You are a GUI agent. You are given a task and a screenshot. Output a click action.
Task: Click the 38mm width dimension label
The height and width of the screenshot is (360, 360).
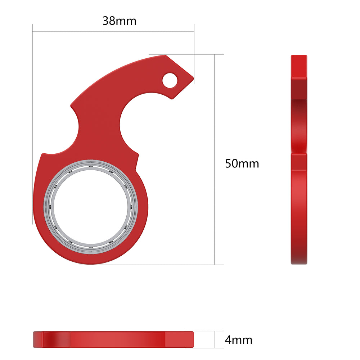click(x=120, y=21)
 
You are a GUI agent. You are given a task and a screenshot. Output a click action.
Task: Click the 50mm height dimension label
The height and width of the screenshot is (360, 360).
click(x=242, y=164)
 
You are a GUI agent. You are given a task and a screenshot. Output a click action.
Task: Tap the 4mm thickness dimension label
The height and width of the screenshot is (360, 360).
click(x=238, y=339)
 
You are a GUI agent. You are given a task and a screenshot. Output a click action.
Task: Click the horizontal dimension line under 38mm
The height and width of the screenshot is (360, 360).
click(x=113, y=32)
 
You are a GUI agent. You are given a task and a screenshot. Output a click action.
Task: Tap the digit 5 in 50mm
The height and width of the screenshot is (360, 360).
click(x=228, y=164)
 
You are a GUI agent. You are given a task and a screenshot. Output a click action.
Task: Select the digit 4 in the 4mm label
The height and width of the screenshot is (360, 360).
click(x=228, y=339)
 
